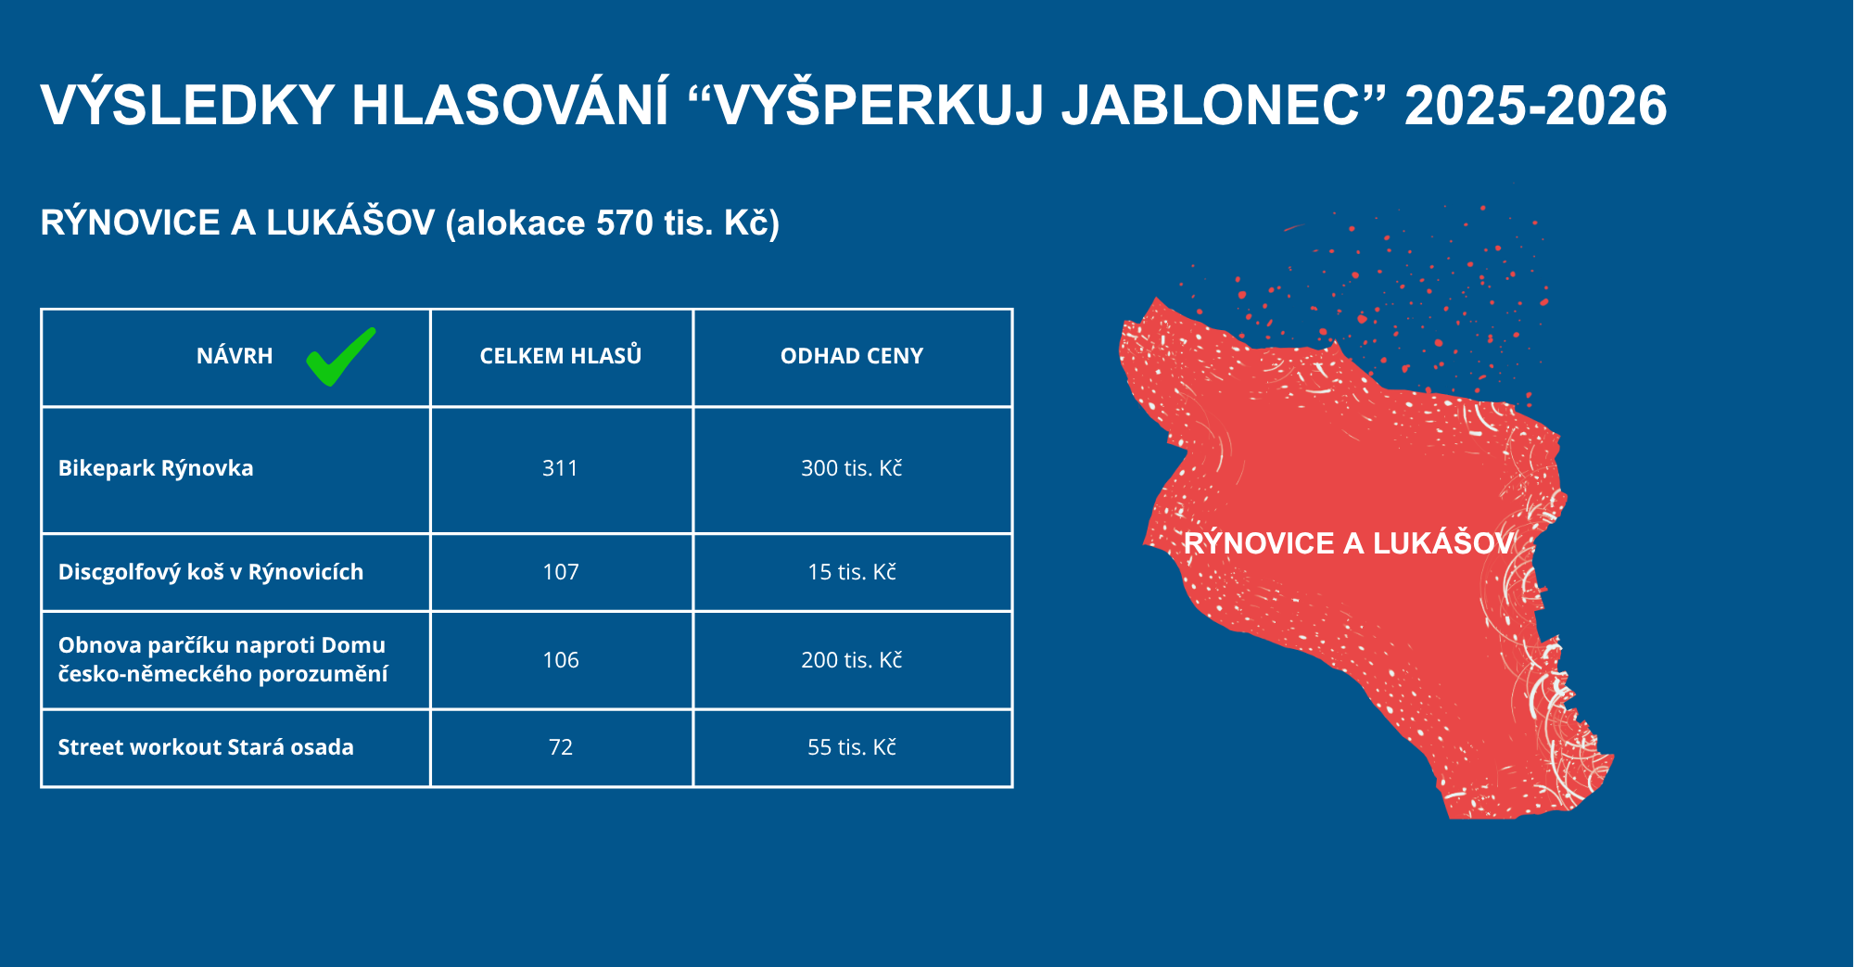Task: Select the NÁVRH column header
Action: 235,356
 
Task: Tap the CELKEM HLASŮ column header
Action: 561,356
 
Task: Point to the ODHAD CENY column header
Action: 852,356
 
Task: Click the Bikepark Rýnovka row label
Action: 156,468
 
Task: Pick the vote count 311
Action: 560,468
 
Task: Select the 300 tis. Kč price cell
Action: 852,468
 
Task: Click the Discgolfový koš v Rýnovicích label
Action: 210,572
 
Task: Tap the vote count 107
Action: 561,572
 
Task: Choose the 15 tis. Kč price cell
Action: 852,572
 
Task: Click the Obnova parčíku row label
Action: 222,659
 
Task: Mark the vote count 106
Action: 561,660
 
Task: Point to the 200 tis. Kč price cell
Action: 852,660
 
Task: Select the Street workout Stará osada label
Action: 206,747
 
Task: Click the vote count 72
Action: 561,747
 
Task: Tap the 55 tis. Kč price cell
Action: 852,747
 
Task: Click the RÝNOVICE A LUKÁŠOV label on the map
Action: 1349,543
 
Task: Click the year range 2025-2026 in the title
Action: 1536,105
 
